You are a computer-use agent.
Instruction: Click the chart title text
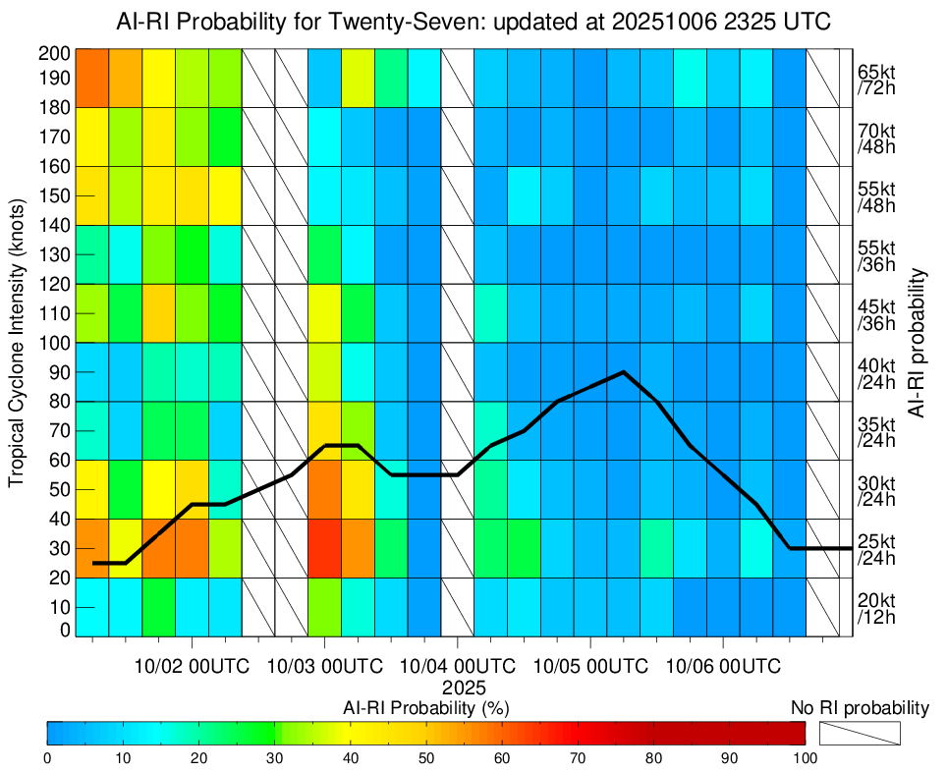(473, 20)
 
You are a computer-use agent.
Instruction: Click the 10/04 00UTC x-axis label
(458, 666)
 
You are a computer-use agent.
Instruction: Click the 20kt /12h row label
(876, 608)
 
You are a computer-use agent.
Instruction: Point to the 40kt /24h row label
(876, 372)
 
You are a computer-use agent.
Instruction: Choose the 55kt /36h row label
(876, 254)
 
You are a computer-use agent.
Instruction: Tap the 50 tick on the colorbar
(426, 757)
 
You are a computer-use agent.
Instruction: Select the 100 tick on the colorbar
(805, 757)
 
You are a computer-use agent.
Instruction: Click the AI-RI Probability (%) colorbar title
(425, 708)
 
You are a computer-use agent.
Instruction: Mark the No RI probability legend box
(860, 734)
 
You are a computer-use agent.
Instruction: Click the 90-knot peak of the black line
(624, 372)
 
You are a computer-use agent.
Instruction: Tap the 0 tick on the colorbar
(47, 757)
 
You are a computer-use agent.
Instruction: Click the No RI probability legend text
(860, 707)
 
